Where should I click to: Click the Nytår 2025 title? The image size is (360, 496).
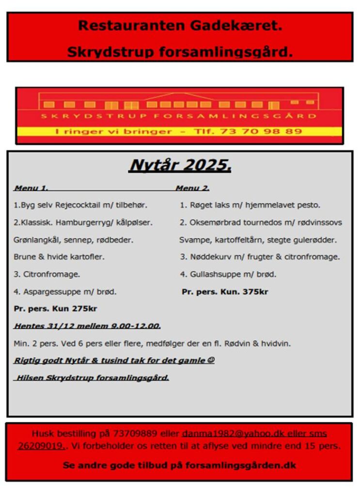180,165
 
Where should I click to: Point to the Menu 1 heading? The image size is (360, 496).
31,188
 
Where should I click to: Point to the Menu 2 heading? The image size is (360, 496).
192,188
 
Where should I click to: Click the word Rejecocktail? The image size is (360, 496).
77,205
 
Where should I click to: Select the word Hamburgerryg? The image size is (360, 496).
88,222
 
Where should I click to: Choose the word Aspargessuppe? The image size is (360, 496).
49,292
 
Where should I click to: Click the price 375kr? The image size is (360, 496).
255,292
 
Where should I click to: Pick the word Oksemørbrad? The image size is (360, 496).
213,222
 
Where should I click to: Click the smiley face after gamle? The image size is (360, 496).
211,360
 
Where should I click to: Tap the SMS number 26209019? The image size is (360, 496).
41,446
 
